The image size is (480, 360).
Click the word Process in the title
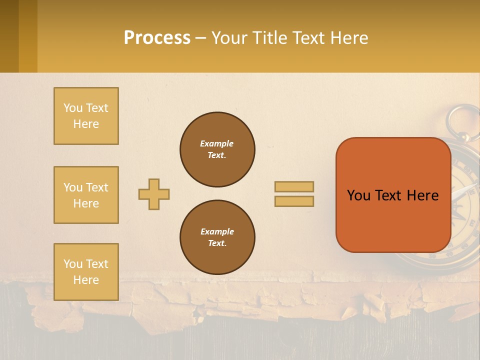pos(157,37)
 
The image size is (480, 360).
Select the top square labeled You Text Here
pos(86,116)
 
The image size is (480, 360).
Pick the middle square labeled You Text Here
pos(86,195)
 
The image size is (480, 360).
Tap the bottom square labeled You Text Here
pos(86,272)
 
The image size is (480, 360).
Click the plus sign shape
pos(154,194)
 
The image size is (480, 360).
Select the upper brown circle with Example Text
pos(217,149)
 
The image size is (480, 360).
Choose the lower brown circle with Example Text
pos(217,237)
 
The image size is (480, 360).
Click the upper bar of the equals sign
pos(294,186)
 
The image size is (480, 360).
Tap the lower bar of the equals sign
pos(294,201)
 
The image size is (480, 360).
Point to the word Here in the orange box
pos(422,195)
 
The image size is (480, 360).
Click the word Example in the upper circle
pos(216,143)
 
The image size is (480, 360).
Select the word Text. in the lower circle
pos(217,243)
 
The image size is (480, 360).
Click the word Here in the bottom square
pos(86,280)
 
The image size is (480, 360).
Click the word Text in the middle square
pos(96,187)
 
